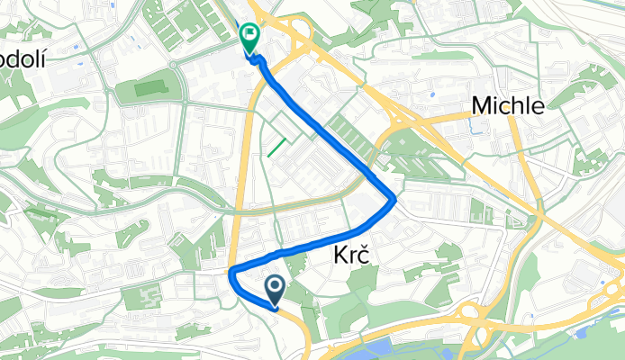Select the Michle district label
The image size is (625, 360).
(508, 106)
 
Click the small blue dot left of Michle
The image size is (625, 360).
(433, 93)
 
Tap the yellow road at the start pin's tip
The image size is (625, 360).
(276, 307)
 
